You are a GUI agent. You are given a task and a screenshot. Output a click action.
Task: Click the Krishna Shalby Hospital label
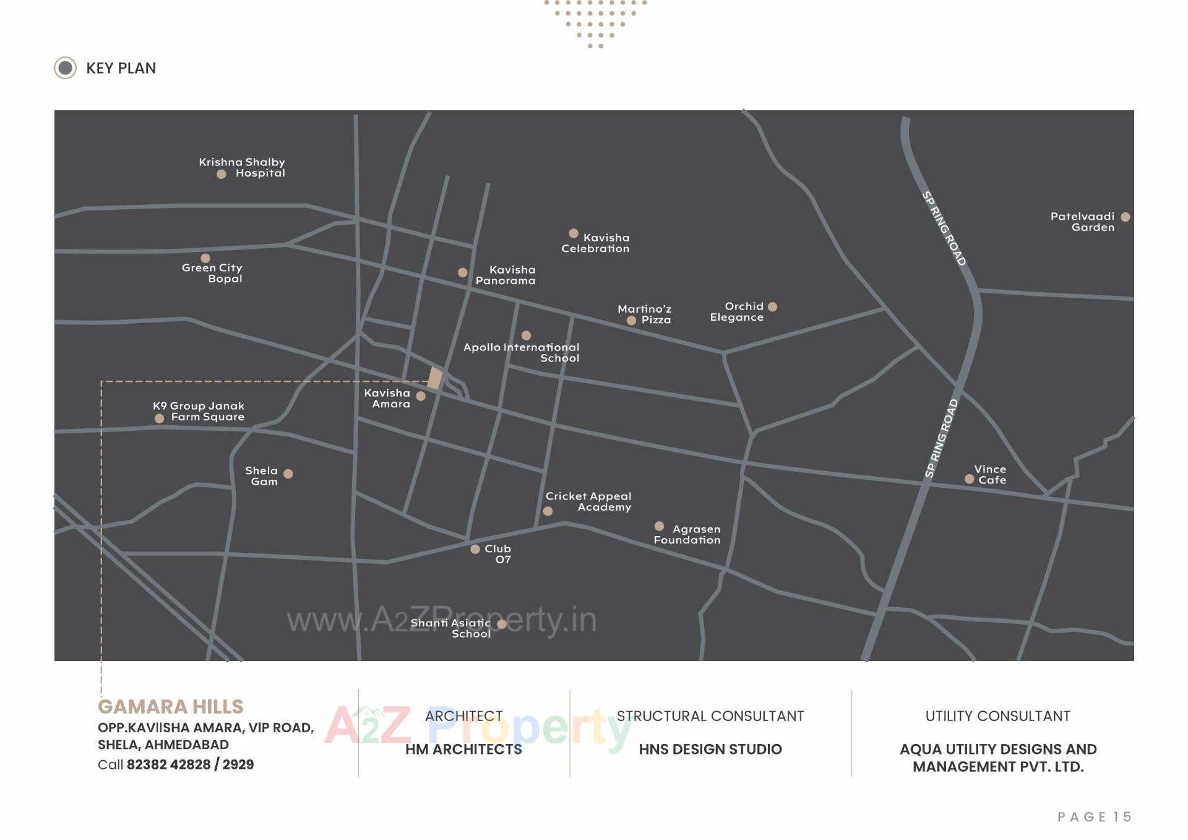coord(242,167)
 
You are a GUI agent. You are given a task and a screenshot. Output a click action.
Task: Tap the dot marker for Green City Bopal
coord(205,258)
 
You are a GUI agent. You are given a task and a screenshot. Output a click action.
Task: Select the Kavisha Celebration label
coord(596,243)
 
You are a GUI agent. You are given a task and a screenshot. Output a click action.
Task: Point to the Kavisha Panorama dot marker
coord(462,272)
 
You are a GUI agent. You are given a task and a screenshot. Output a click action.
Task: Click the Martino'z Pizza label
coord(645,314)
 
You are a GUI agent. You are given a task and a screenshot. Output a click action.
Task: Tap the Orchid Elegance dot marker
coord(772,306)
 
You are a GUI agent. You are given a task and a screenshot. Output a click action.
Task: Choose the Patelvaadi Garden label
coord(1082,222)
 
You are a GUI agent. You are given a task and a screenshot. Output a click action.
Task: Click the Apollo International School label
coord(522,352)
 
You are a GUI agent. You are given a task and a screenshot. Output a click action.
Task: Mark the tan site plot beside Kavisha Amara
coord(435,378)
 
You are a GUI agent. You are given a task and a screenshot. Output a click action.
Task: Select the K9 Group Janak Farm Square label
coord(199,411)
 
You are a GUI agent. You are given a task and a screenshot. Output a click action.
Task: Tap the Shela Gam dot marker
coord(288,474)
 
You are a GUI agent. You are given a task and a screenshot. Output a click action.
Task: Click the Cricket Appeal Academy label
coord(588,501)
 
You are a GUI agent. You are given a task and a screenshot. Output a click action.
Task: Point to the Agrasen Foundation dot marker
coord(659,526)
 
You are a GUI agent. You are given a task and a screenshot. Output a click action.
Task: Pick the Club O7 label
coord(498,554)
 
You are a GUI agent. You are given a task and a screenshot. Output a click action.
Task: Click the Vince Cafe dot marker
coord(969,478)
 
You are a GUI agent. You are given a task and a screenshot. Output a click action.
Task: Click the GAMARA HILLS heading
coord(171,706)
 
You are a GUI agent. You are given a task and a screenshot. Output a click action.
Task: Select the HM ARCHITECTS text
coord(463,749)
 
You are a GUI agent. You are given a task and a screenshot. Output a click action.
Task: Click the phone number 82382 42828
coord(168,764)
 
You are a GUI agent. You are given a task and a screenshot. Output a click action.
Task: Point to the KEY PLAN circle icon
coord(65,68)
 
